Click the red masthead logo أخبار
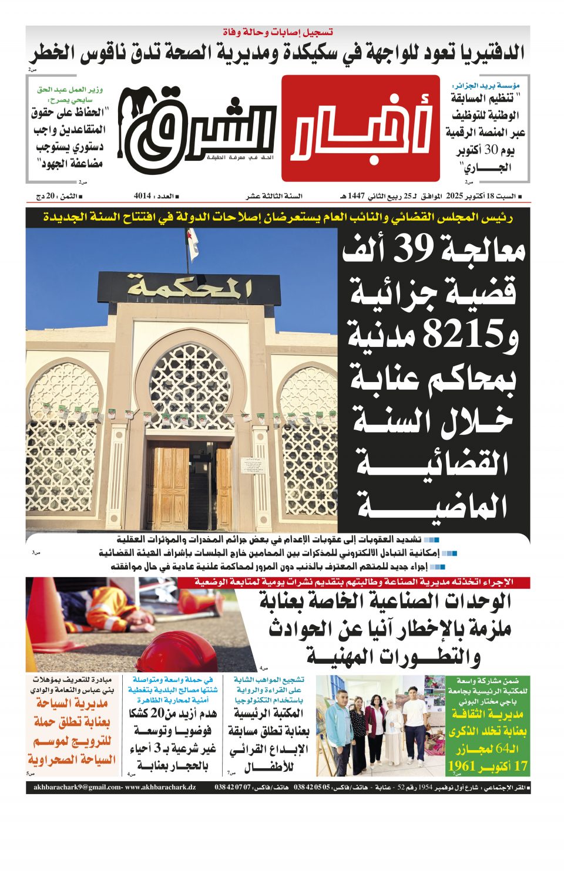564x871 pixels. [360, 128]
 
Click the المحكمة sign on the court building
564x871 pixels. [189, 288]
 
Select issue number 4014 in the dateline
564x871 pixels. [143, 196]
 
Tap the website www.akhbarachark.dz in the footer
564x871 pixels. [160, 787]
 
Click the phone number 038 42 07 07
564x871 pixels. [234, 787]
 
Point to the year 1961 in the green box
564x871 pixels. [463, 766]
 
